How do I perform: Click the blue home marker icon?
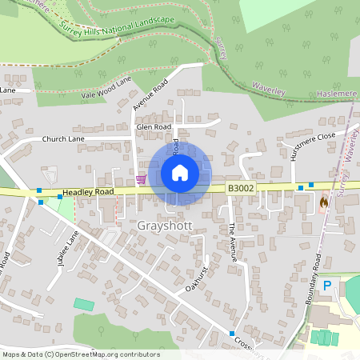click(x=180, y=173)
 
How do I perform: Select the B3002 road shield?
click(x=240, y=188)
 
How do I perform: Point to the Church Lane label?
click(x=63, y=138)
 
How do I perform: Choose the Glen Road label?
click(x=154, y=126)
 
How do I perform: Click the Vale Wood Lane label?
click(x=106, y=88)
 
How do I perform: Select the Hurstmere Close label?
click(x=313, y=146)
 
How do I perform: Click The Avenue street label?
click(x=233, y=242)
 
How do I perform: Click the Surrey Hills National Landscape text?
click(x=127, y=31)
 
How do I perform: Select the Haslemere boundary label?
click(x=335, y=92)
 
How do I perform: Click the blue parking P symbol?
click(x=326, y=286)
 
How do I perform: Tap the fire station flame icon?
click(x=323, y=202)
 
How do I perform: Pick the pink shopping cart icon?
click(x=142, y=178)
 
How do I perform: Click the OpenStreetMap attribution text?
click(x=81, y=354)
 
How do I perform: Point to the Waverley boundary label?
click(x=269, y=87)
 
